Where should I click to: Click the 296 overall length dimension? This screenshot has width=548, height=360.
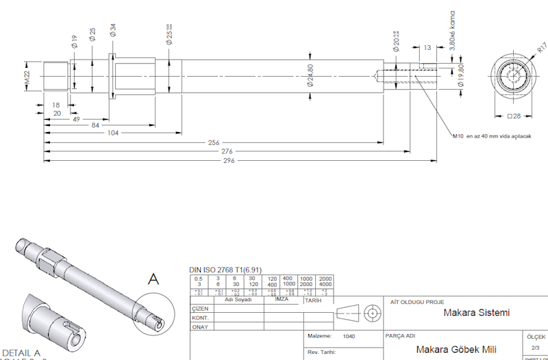[x=229, y=161]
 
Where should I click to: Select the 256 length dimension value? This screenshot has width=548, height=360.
[x=214, y=142]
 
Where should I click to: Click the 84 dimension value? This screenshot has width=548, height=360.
[x=94, y=125]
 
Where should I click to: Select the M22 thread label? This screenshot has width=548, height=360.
[x=27, y=78]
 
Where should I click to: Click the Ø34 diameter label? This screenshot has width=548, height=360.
[x=112, y=30]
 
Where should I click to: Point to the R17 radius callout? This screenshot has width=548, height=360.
[x=541, y=48]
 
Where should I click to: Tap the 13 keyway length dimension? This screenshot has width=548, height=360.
[x=427, y=47]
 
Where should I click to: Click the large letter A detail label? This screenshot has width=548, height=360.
[x=155, y=279]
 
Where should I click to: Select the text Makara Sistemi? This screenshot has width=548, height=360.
[x=477, y=313]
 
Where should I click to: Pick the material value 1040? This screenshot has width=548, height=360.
[x=349, y=336]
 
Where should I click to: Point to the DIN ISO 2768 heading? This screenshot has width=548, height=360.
[x=225, y=270]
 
